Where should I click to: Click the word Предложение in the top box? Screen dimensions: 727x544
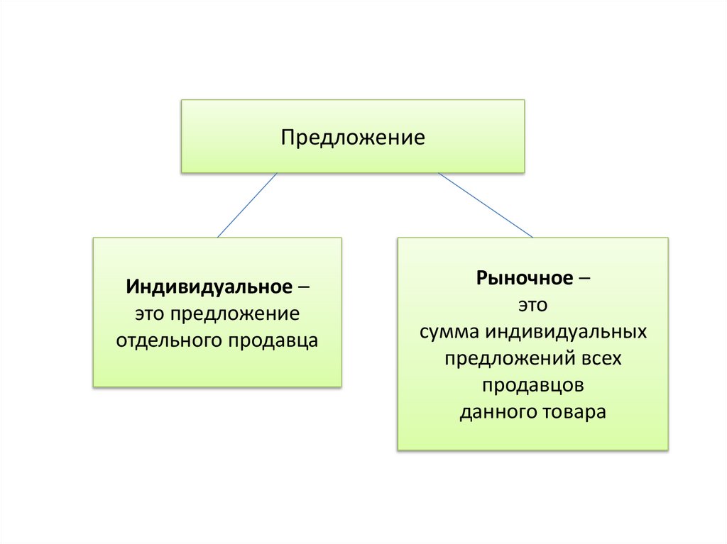click(353, 137)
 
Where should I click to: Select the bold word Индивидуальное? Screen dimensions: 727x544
click(209, 288)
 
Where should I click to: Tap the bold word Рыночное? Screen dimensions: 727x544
click(525, 278)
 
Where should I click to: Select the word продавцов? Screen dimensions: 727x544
click(532, 385)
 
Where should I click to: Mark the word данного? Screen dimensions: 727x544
click(493, 412)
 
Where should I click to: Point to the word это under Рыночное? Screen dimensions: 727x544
click(532, 305)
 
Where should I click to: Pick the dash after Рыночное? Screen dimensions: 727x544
click(584, 278)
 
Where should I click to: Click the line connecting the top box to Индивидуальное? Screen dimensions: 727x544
click(246, 205)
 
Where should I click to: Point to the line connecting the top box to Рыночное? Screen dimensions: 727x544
click(485, 205)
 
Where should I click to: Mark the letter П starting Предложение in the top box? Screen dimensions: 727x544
click(288, 136)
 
